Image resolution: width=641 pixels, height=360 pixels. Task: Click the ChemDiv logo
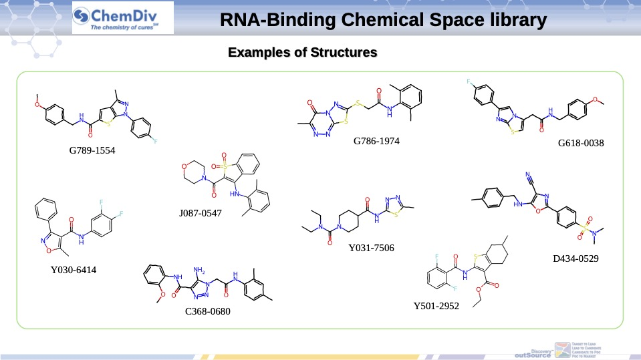click(x=122, y=18)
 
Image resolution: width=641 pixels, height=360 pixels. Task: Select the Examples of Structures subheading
click(x=302, y=51)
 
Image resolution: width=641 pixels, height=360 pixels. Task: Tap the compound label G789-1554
click(x=92, y=151)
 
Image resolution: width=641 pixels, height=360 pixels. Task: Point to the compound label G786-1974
click(x=376, y=141)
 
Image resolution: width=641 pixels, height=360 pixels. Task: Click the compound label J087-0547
click(x=200, y=214)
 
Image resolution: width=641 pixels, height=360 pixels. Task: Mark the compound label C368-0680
click(x=208, y=311)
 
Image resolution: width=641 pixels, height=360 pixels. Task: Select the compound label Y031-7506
click(x=371, y=248)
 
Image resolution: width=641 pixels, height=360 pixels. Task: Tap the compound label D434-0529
click(x=575, y=258)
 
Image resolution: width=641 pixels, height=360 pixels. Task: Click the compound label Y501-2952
click(x=436, y=307)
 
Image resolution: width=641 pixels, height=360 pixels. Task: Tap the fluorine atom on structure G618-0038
click(x=470, y=82)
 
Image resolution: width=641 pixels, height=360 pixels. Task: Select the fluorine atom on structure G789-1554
click(x=155, y=142)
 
